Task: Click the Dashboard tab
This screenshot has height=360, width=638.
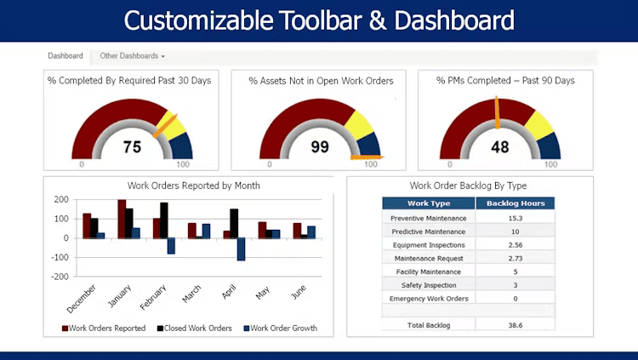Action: pos(66,56)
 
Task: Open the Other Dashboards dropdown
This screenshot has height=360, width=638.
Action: pos(132,56)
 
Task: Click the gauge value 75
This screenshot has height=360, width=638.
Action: pos(132,146)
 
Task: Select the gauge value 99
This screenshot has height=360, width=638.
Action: pos(319,146)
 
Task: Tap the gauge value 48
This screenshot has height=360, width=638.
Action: pos(500,146)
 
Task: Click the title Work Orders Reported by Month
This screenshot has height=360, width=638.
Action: pos(194,186)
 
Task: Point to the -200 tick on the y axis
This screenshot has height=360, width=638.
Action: pos(60,277)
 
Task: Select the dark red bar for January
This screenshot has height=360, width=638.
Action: pos(122,218)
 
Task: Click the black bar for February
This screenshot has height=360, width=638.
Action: pos(163,220)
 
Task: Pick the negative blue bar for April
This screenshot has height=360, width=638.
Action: pos(241,249)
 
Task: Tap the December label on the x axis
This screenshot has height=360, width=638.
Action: pos(82,298)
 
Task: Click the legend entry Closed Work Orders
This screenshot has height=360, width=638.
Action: pos(197,329)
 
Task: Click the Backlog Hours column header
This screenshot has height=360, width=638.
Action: pos(515,203)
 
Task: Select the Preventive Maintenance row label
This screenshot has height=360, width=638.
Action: pos(429,218)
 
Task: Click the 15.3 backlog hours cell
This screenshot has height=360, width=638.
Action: pos(515,218)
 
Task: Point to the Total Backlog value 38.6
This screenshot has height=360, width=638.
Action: pos(515,325)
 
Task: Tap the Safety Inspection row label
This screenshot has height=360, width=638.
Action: pos(429,285)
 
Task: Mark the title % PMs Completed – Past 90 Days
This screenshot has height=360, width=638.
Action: pos(505,81)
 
